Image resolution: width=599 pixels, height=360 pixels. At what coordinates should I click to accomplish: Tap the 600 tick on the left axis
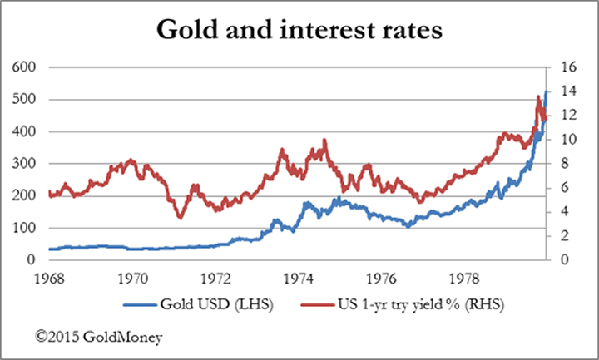point(24,67)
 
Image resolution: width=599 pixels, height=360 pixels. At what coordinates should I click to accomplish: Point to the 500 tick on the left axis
point(24,100)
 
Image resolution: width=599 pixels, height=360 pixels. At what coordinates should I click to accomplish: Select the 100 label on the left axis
point(24,228)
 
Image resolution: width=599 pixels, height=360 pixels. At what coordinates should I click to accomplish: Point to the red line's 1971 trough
point(179,217)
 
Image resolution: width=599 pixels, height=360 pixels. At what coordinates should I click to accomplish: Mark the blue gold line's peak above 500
point(546,91)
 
